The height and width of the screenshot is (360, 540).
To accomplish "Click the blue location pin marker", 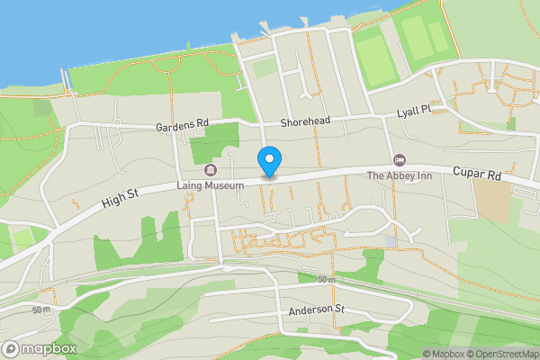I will point(268,161).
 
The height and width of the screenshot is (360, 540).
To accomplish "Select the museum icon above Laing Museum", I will point(211,170).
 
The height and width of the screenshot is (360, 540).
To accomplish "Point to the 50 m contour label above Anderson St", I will point(326,281).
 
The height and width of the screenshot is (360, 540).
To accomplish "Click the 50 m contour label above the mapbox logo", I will point(41,310).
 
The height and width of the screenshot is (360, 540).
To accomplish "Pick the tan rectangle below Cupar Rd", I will point(491,203).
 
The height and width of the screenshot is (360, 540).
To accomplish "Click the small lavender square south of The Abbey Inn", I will point(390,242).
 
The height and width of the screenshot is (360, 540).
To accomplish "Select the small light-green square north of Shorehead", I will point(264,68).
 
